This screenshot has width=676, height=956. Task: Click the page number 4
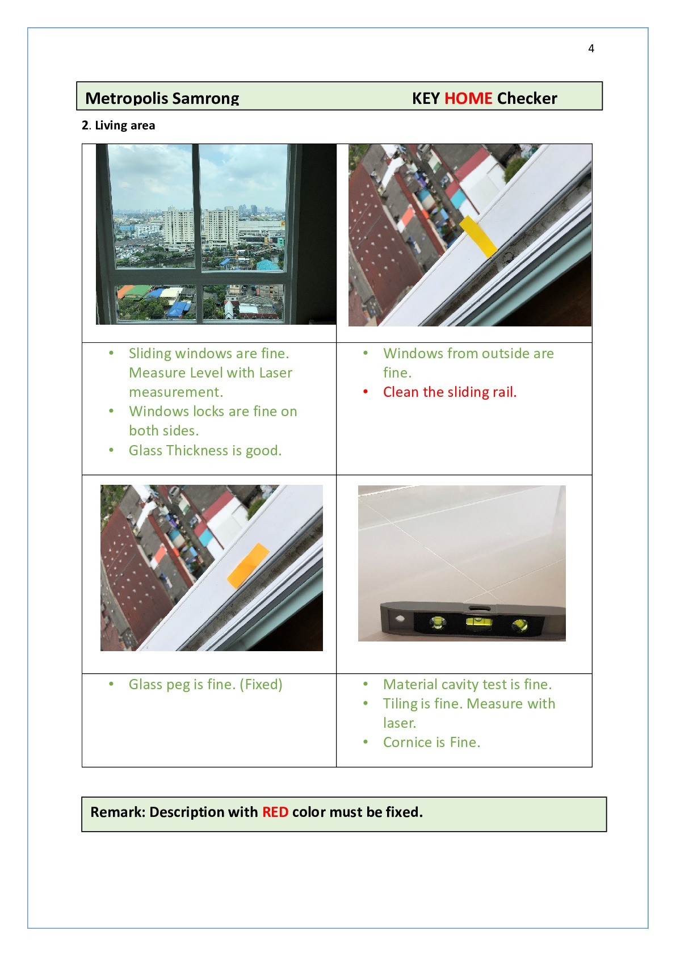(x=591, y=49)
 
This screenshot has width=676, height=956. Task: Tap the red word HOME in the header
(x=468, y=98)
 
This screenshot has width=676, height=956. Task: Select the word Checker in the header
(x=527, y=98)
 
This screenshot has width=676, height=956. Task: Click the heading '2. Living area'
(x=118, y=125)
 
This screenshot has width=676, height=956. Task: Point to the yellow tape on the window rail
(x=478, y=236)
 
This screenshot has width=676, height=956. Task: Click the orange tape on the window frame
(x=248, y=565)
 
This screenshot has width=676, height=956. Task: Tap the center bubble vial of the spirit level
(x=478, y=623)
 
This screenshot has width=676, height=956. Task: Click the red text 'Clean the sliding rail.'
(x=450, y=392)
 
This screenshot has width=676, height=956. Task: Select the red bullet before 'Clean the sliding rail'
(x=366, y=391)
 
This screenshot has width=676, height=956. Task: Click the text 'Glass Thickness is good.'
(x=205, y=450)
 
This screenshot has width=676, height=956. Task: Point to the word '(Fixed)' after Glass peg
(x=261, y=685)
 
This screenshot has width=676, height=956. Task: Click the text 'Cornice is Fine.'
(x=431, y=743)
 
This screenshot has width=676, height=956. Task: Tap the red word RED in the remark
(x=275, y=812)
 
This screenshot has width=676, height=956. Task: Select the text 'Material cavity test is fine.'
(x=467, y=685)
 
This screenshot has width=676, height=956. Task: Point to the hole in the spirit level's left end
(x=400, y=618)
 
